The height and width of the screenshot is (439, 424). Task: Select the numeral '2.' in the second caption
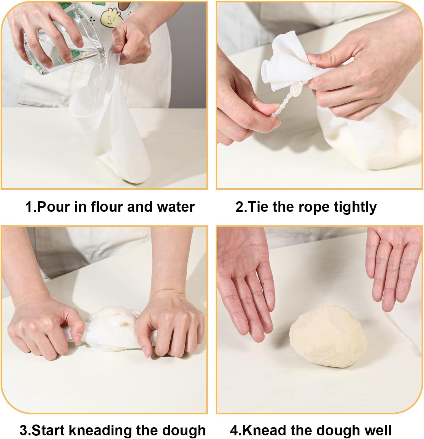click(x=241, y=207)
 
